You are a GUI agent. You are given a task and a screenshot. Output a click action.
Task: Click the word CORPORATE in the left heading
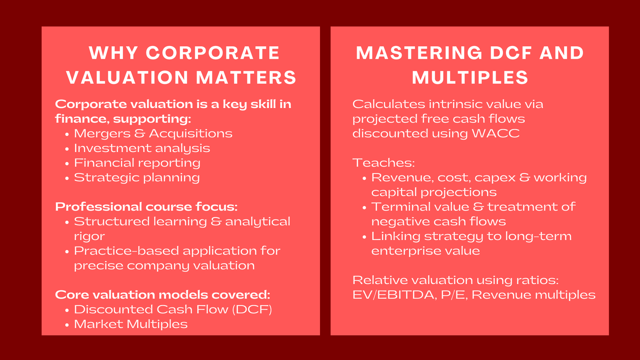pyautogui.click(x=212, y=53)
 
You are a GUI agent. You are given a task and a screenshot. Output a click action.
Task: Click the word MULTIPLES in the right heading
pyautogui.click(x=470, y=78)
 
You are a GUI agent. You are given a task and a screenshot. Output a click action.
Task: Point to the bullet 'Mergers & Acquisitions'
pyautogui.click(x=153, y=134)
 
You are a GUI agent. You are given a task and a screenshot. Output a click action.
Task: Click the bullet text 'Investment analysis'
pyautogui.click(x=142, y=148)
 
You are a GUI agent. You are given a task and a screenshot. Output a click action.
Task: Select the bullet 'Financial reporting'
pyautogui.click(x=137, y=163)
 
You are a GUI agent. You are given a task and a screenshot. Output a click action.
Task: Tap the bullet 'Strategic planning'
pyautogui.click(x=136, y=178)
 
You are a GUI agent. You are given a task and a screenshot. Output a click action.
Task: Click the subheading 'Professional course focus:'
pyautogui.click(x=146, y=207)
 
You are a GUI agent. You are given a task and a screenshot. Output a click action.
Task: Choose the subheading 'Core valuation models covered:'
pyautogui.click(x=162, y=295)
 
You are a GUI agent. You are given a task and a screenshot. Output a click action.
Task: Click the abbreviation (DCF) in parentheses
pyautogui.click(x=252, y=310)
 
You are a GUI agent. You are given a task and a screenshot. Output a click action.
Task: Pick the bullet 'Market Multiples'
pyautogui.click(x=130, y=324)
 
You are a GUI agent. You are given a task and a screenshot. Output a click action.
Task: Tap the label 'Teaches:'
pyautogui.click(x=383, y=163)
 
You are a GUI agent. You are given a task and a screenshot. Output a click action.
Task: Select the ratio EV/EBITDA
pyautogui.click(x=394, y=295)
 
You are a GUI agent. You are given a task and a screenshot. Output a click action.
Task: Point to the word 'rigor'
pyautogui.click(x=89, y=236)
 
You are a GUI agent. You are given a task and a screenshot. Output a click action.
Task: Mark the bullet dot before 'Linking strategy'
pyautogui.click(x=364, y=237)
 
